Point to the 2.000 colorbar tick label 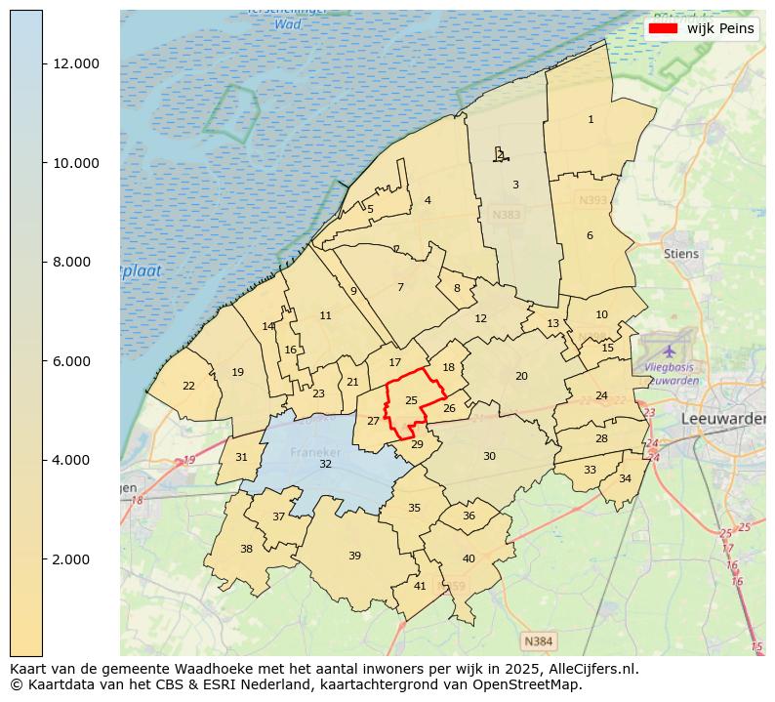(x=76, y=559)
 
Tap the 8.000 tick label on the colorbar (x=76, y=262)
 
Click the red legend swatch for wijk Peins (x=664, y=28)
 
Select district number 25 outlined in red (x=411, y=400)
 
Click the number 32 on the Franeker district (x=325, y=464)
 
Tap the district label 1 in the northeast (x=591, y=119)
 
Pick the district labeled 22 (x=188, y=386)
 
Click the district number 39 (x=354, y=556)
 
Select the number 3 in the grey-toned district (x=515, y=185)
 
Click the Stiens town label (x=681, y=254)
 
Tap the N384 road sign (x=538, y=641)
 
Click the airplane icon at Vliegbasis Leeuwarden (x=669, y=350)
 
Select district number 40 (x=469, y=558)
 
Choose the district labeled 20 (x=521, y=376)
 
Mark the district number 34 (x=625, y=478)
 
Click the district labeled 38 (x=246, y=549)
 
